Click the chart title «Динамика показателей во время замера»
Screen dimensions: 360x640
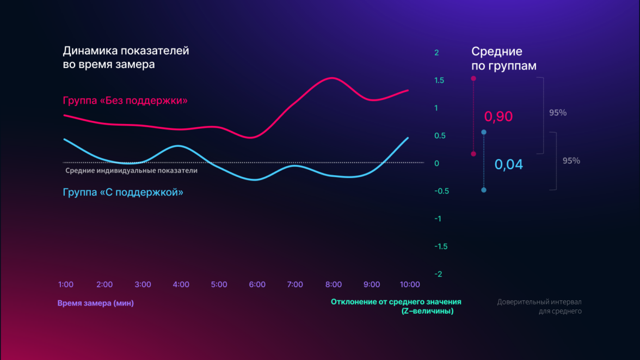click(126, 58)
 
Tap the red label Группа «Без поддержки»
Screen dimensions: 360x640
click(125, 101)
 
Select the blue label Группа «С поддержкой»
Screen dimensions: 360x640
click(123, 192)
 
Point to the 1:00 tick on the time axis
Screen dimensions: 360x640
click(66, 284)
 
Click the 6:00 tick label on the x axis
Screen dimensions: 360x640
click(257, 284)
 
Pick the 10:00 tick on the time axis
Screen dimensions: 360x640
click(410, 284)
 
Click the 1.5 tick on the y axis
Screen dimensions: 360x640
click(439, 80)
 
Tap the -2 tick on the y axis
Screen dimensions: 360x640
click(438, 274)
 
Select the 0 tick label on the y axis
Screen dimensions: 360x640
click(436, 163)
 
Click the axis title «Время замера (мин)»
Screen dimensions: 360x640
click(95, 303)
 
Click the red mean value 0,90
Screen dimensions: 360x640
click(499, 116)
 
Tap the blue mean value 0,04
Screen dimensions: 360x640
click(509, 164)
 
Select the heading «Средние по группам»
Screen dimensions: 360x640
click(503, 59)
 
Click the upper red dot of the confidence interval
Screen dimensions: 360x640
click(473, 78)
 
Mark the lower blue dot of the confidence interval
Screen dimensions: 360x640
click(484, 190)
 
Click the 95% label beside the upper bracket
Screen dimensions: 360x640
click(558, 113)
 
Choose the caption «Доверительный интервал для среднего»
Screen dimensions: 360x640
click(539, 306)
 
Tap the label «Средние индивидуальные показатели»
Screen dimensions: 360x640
click(131, 170)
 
